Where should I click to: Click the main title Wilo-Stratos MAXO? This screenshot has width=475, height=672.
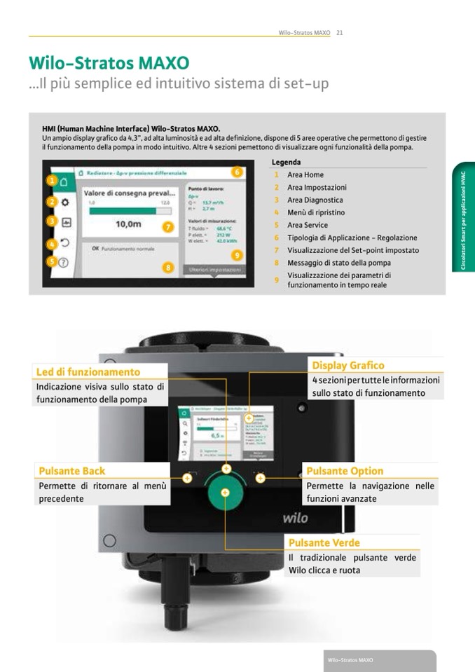(109, 62)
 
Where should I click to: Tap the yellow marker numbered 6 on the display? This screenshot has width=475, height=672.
(238, 172)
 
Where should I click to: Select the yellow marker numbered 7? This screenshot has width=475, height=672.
(167, 226)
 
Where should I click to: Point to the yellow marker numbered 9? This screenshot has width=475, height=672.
(238, 255)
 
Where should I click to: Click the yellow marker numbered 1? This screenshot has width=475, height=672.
(52, 180)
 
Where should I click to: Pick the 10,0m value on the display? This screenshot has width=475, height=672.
(128, 224)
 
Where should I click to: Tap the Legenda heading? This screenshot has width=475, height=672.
(286, 162)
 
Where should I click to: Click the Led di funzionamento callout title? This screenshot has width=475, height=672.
(88, 372)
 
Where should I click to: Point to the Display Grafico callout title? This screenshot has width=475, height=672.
(348, 365)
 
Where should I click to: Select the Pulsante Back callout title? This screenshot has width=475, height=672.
(72, 471)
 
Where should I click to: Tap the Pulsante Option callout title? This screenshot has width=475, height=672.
(345, 471)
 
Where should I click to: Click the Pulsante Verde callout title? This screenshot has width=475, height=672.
(324, 542)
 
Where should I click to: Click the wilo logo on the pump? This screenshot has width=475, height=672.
(295, 519)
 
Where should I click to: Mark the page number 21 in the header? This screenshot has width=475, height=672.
(339, 32)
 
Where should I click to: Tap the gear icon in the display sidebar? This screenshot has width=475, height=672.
(64, 202)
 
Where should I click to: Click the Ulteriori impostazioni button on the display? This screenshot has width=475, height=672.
(213, 270)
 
